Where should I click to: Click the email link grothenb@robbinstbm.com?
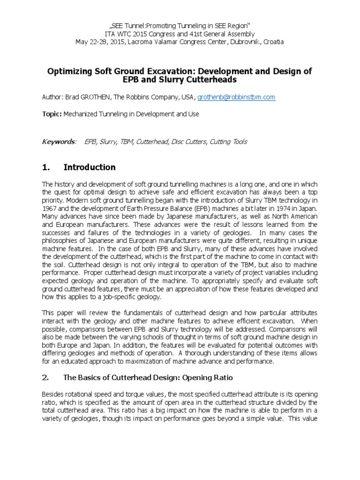coord(236,97)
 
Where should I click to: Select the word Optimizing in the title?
coord(68,71)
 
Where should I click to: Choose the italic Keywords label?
coord(58,142)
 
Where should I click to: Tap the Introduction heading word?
coord(90,167)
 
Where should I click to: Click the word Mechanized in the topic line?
coord(82,114)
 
